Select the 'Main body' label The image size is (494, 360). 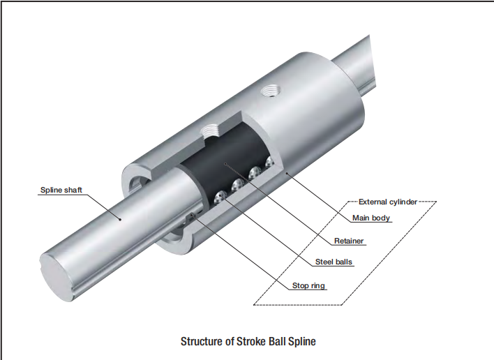[372, 218]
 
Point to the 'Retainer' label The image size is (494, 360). [348, 241]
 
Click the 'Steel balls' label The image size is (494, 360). [334, 263]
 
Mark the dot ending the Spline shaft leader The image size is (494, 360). [120, 218]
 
